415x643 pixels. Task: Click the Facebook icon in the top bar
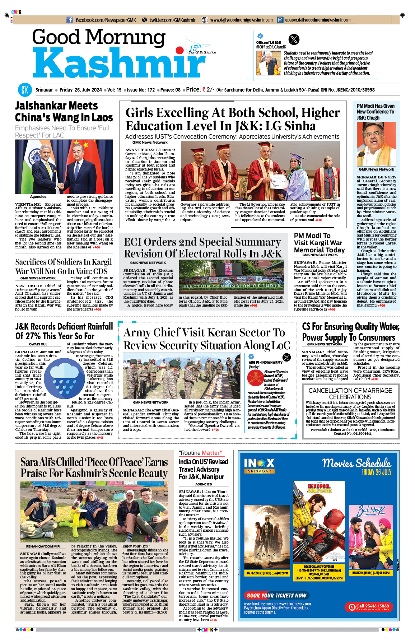70,20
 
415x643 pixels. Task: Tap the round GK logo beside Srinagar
25,90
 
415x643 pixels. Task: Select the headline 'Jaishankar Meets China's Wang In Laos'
64,112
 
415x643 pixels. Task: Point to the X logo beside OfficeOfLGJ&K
294,39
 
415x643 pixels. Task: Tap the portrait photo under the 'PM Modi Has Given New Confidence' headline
376,144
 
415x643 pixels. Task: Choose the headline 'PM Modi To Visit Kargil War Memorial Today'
319,243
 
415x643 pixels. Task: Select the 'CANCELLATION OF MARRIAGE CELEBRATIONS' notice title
350,393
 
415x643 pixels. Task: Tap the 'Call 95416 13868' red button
369,607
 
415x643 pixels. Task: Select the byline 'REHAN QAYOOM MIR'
43,546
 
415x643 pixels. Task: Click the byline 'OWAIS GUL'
38,344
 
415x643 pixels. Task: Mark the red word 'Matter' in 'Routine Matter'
212,453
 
